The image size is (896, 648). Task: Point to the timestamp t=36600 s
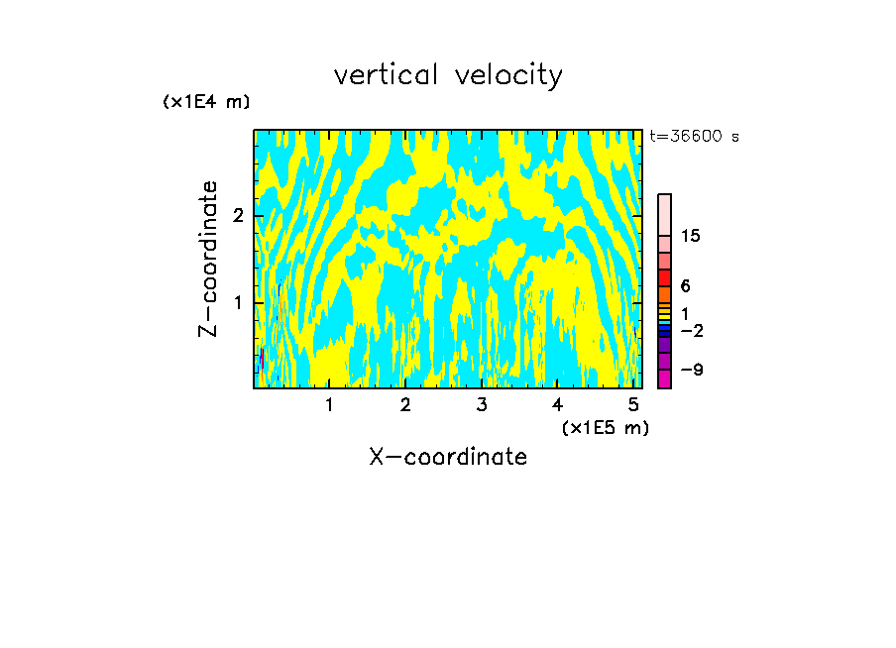[x=694, y=137]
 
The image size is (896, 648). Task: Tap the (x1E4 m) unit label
[x=206, y=101]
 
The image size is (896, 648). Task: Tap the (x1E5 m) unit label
[x=605, y=427]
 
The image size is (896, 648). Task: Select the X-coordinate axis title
[x=448, y=457]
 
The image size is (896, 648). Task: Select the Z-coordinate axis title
[x=208, y=259]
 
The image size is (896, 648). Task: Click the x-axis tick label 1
[x=330, y=405]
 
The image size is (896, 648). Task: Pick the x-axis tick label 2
[x=405, y=405]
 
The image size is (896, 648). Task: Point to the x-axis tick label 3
[x=482, y=405]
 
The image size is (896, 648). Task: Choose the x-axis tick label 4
[x=557, y=405]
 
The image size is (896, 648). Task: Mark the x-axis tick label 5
[x=633, y=405]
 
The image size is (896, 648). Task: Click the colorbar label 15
[x=691, y=236]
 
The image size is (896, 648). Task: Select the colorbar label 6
[x=686, y=286]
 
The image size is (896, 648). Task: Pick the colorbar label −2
[x=691, y=330]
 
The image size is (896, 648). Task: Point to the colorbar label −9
[x=691, y=370]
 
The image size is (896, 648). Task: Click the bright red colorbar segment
[x=664, y=277]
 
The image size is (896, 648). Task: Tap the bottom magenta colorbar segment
[x=664, y=378]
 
